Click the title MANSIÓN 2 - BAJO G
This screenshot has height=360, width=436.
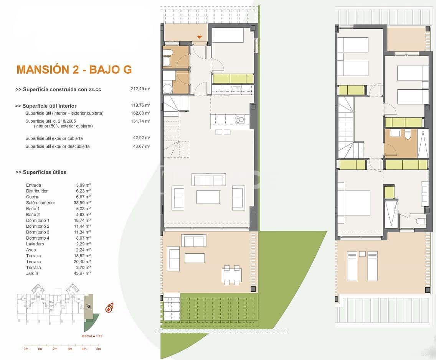coord(74,69)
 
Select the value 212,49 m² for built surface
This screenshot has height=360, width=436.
coord(140,89)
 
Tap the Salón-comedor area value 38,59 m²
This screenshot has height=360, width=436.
coord(83,203)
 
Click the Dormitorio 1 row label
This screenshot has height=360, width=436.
coord(38,220)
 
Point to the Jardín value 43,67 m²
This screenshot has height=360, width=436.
coord(83,273)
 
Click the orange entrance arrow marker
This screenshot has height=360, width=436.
coord(199,37)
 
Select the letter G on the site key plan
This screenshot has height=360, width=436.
coord(89,306)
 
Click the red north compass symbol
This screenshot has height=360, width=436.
coord(109,307)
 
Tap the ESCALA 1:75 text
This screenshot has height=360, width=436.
coord(92,336)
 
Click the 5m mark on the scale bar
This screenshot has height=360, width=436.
coord(98,349)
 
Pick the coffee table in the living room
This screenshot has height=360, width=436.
coord(208,197)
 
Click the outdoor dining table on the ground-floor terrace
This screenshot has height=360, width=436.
coord(232,275)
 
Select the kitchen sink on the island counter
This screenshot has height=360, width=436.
coord(241,119)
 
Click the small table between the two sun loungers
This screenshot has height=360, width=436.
coord(362,254)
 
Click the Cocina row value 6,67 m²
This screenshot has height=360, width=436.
coord(83,197)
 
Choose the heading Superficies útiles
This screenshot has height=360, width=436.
coord(41,172)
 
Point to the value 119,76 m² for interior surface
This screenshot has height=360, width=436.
coord(140,105)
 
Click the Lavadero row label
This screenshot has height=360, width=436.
coord(35,244)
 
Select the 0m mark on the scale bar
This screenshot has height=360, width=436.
coord(26,349)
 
